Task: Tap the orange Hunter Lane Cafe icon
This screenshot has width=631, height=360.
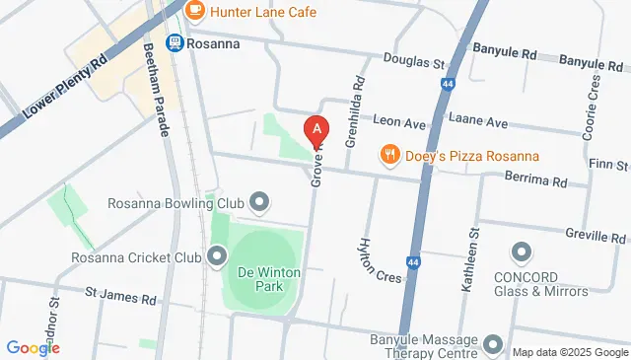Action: coord(195,11)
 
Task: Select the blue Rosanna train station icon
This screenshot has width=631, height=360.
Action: coord(175,42)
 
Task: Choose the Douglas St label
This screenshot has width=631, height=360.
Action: coord(414,63)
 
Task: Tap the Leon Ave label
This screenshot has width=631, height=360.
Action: coord(398,122)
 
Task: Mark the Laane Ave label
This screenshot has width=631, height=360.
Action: coord(481,122)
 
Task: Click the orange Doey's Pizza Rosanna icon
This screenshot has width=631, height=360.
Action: coord(390,155)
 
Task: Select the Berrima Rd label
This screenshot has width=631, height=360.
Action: coord(536,181)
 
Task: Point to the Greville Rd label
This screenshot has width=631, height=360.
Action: coord(596,237)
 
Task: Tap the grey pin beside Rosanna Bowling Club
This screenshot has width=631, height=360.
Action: coord(260,203)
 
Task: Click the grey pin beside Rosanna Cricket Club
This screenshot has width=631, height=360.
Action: coord(217,258)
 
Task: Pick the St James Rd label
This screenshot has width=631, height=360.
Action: coord(120,295)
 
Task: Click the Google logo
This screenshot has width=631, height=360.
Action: coord(34,347)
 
